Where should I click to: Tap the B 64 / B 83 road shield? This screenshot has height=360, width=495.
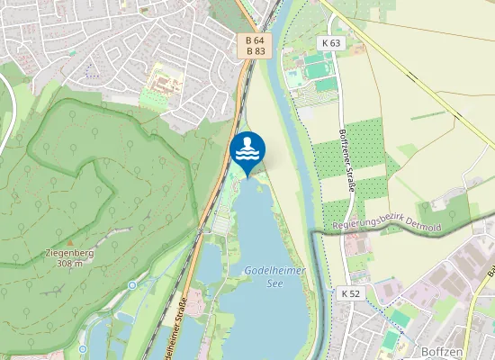(x=256, y=46)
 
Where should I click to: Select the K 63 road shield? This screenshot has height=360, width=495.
(x=330, y=43)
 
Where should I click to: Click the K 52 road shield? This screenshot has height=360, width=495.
(x=350, y=293)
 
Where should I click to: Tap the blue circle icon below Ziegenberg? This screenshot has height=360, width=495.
(x=132, y=285)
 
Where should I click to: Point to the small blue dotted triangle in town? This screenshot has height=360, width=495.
(x=87, y=69)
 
